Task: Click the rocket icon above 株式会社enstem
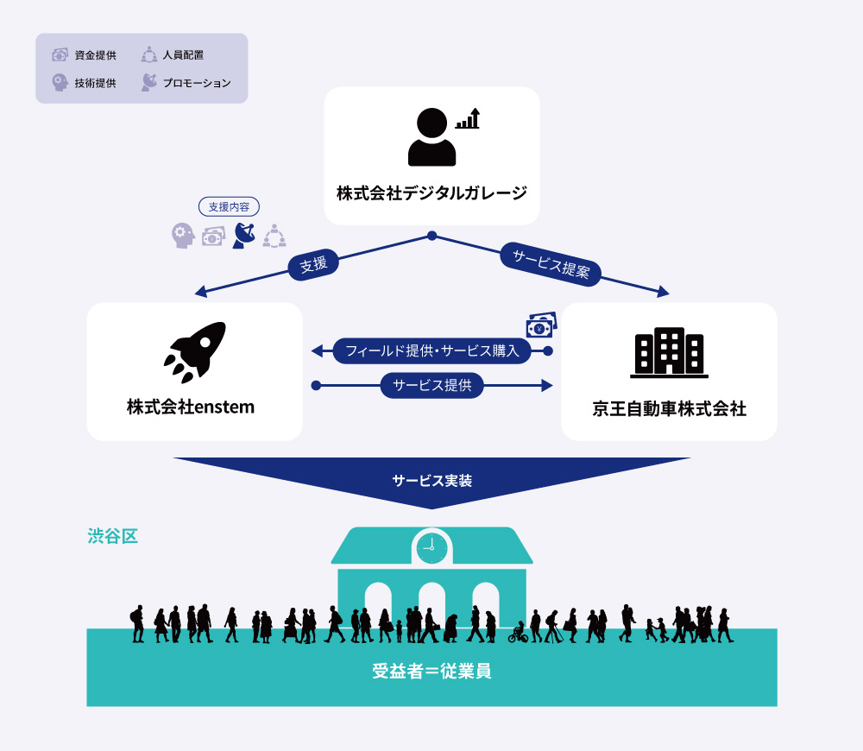click(x=196, y=352)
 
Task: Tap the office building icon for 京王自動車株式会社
click(x=670, y=353)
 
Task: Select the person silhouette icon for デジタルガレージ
click(x=432, y=137)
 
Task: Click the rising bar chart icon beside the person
click(x=469, y=118)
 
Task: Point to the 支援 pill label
click(x=313, y=264)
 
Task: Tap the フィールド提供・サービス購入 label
click(x=432, y=350)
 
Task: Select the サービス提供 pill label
click(x=432, y=385)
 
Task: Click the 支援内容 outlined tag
click(x=229, y=207)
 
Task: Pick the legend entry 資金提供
click(x=85, y=55)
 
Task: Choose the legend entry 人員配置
click(x=173, y=55)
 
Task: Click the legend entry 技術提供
click(x=85, y=83)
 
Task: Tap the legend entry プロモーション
click(x=186, y=83)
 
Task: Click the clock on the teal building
click(x=432, y=548)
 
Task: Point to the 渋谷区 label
click(x=112, y=536)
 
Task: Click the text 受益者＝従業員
click(x=432, y=672)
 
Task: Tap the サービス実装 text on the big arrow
click(x=432, y=481)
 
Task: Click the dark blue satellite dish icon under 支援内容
click(x=244, y=236)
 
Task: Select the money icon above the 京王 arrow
click(x=542, y=325)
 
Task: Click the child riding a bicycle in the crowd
click(x=518, y=634)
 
